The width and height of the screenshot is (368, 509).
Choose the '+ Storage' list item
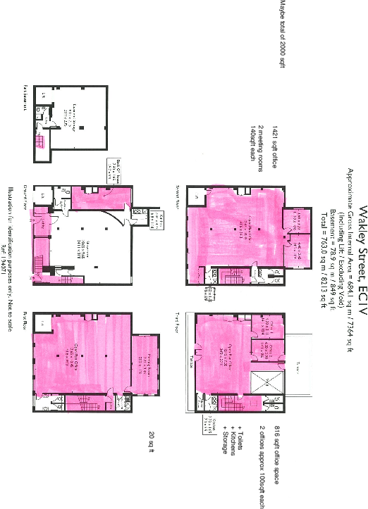pos(226,439)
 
